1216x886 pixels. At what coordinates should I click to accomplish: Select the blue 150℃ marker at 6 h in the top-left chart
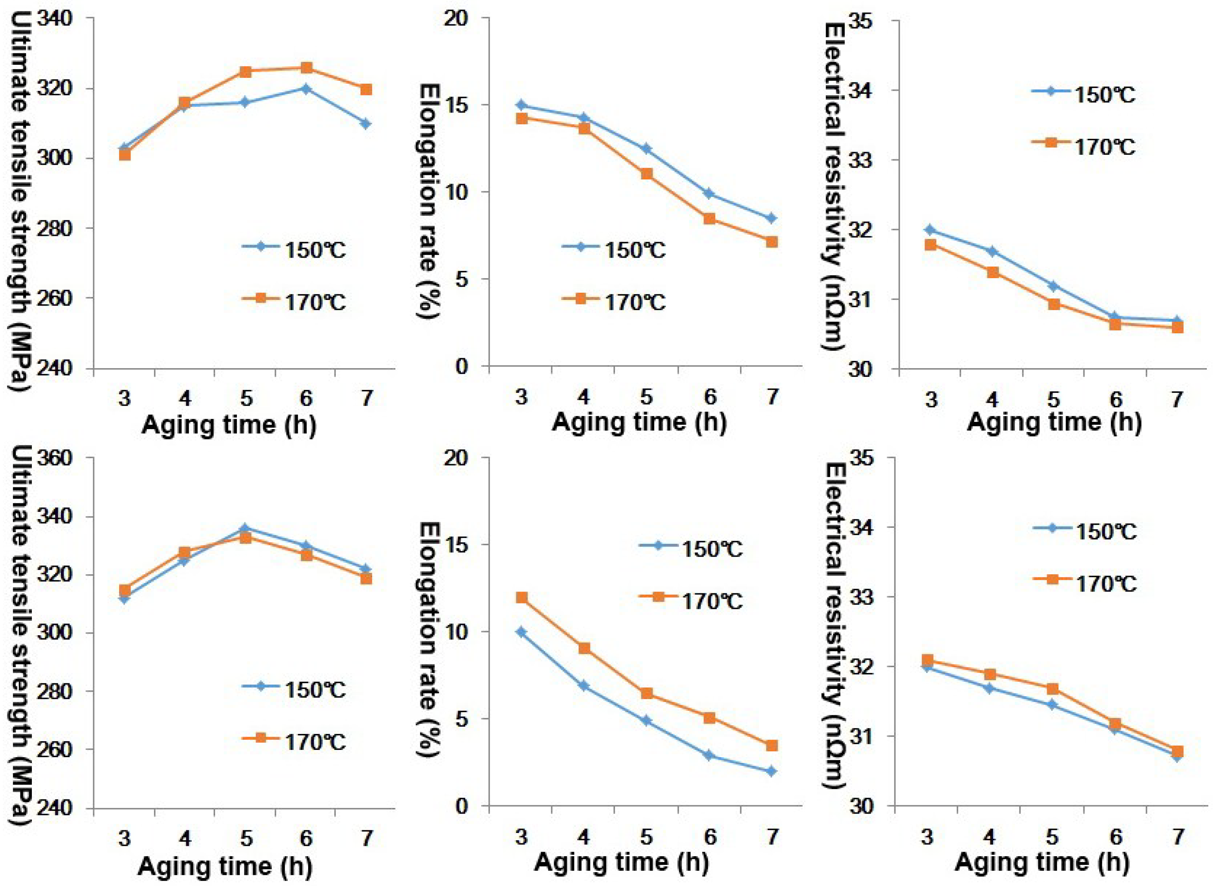(x=306, y=88)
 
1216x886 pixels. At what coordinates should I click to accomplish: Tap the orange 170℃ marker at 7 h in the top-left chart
(x=366, y=89)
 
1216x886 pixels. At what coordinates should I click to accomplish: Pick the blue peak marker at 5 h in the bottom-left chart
(x=245, y=528)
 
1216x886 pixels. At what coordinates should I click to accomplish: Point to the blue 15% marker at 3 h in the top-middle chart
(x=521, y=105)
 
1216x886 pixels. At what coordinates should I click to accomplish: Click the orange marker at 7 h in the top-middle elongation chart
(x=771, y=242)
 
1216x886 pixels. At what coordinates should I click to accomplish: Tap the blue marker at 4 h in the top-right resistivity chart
(x=992, y=251)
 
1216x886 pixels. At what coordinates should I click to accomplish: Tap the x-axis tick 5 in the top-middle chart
(x=646, y=397)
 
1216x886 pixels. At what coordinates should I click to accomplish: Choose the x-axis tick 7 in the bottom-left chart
(x=366, y=838)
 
